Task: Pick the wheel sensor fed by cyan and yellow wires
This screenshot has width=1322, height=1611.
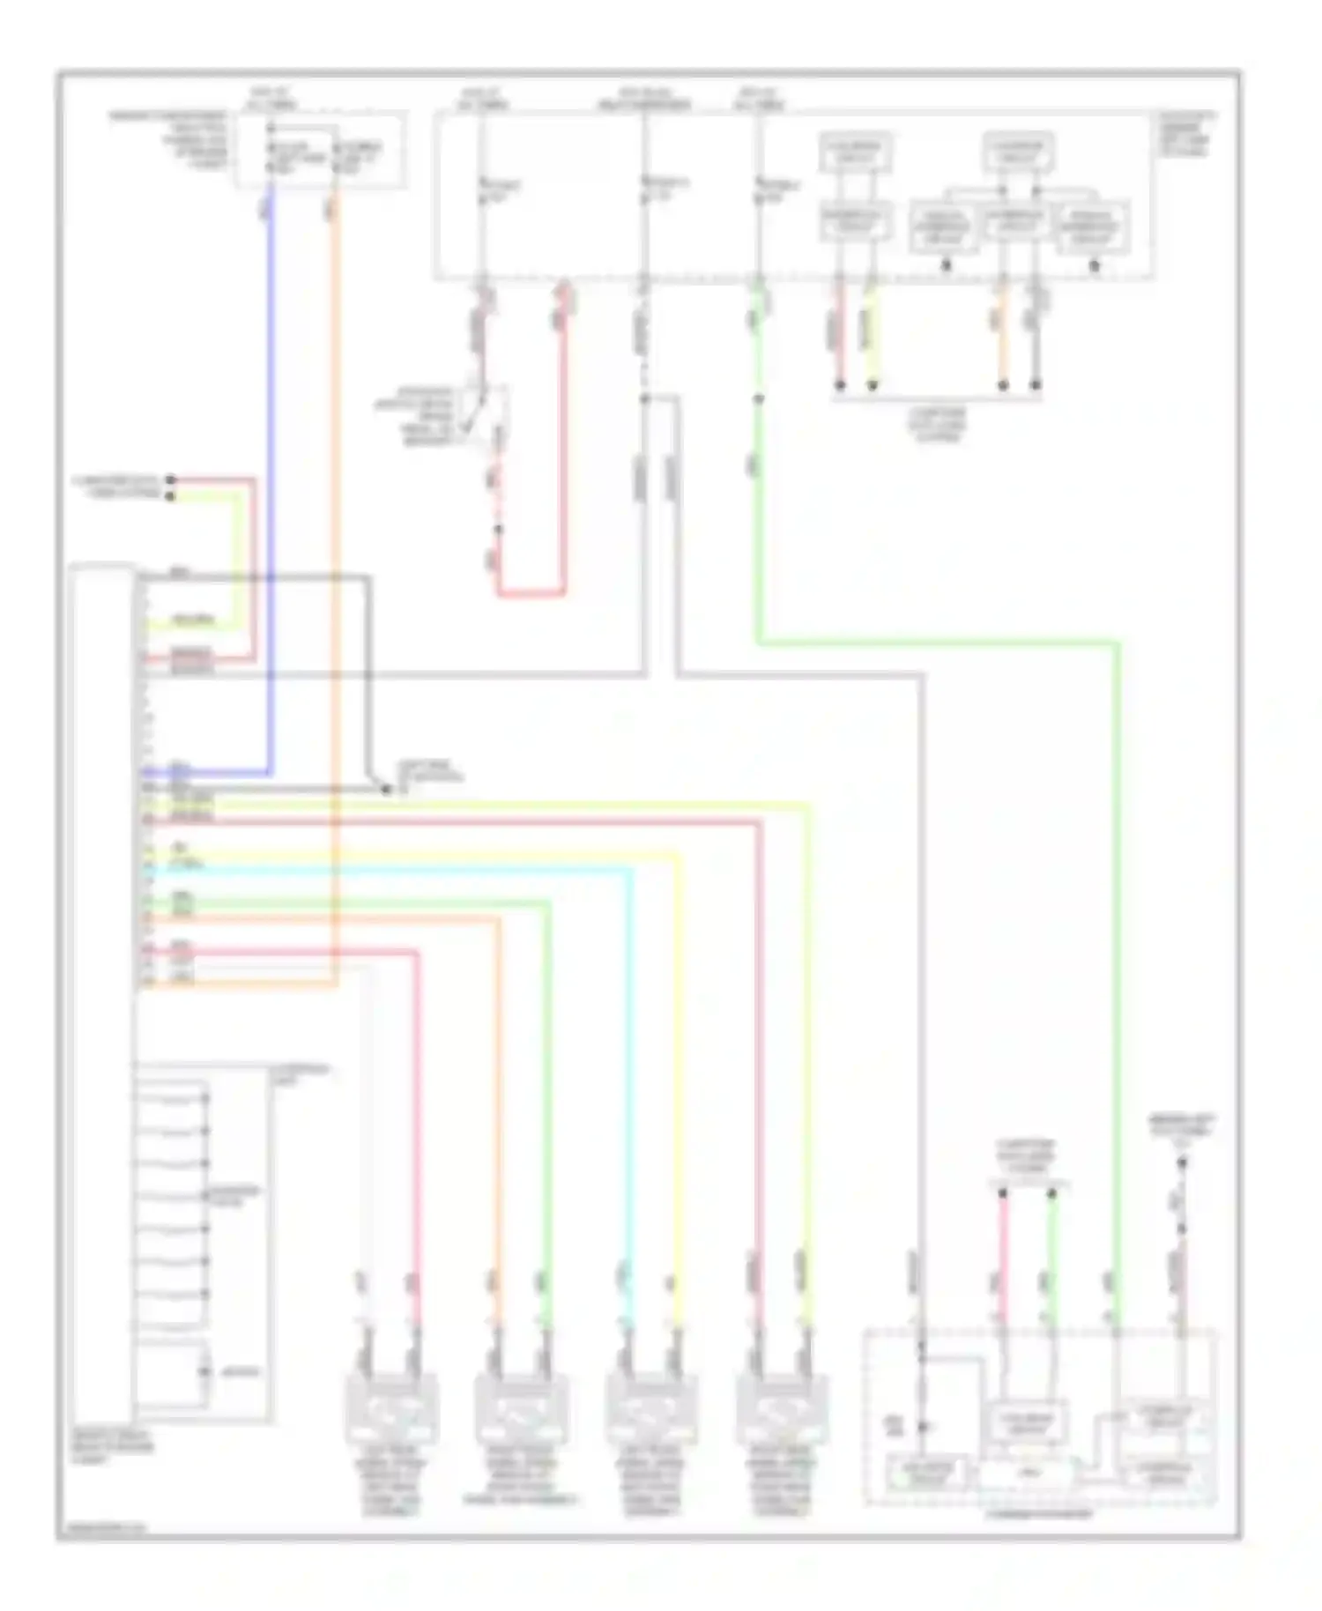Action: coord(650,1409)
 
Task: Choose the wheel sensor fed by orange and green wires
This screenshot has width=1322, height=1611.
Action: coord(521,1409)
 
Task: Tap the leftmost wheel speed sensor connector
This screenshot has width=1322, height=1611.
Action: coord(391,1409)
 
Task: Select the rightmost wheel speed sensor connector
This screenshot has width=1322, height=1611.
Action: coord(781,1409)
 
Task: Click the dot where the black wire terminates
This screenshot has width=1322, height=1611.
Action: coord(386,790)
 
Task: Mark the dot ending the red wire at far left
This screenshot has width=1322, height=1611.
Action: coord(171,480)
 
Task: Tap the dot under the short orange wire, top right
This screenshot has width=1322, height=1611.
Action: coord(1003,385)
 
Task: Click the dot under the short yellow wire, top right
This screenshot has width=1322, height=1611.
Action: coord(873,385)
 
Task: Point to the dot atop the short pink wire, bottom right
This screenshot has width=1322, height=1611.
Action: coord(1003,1194)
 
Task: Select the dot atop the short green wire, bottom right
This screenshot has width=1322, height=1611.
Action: coord(1051,1194)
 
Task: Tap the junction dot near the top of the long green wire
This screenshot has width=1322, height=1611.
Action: coord(758,399)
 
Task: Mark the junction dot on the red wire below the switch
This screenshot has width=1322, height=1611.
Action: coord(498,530)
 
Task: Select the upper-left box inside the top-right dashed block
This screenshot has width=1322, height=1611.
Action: coord(855,152)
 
